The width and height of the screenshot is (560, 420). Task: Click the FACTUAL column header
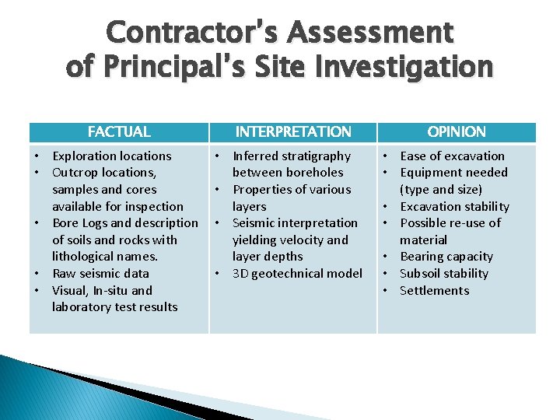pyautogui.click(x=119, y=132)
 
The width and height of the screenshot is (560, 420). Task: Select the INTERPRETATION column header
pyautogui.click(x=293, y=132)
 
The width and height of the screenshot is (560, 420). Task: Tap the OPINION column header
pyautogui.click(x=457, y=132)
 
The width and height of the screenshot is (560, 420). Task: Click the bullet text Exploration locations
pyautogui.click(x=111, y=156)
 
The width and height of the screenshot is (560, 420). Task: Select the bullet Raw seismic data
pyautogui.click(x=100, y=273)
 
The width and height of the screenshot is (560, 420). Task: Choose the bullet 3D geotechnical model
pyautogui.click(x=297, y=273)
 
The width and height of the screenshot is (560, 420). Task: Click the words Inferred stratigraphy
pyautogui.click(x=292, y=156)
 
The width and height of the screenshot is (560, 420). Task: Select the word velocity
pyautogui.click(x=305, y=240)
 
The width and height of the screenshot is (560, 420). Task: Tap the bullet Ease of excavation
pyautogui.click(x=452, y=156)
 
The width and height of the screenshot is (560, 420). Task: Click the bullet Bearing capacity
pyautogui.click(x=446, y=256)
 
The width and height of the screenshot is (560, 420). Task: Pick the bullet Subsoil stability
pyautogui.click(x=444, y=273)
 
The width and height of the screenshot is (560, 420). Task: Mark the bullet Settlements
pyautogui.click(x=435, y=290)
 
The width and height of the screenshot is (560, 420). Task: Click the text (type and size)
pyautogui.click(x=441, y=189)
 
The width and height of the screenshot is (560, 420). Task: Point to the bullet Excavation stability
pyautogui.click(x=454, y=206)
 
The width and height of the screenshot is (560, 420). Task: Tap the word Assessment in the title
pyautogui.click(x=370, y=33)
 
